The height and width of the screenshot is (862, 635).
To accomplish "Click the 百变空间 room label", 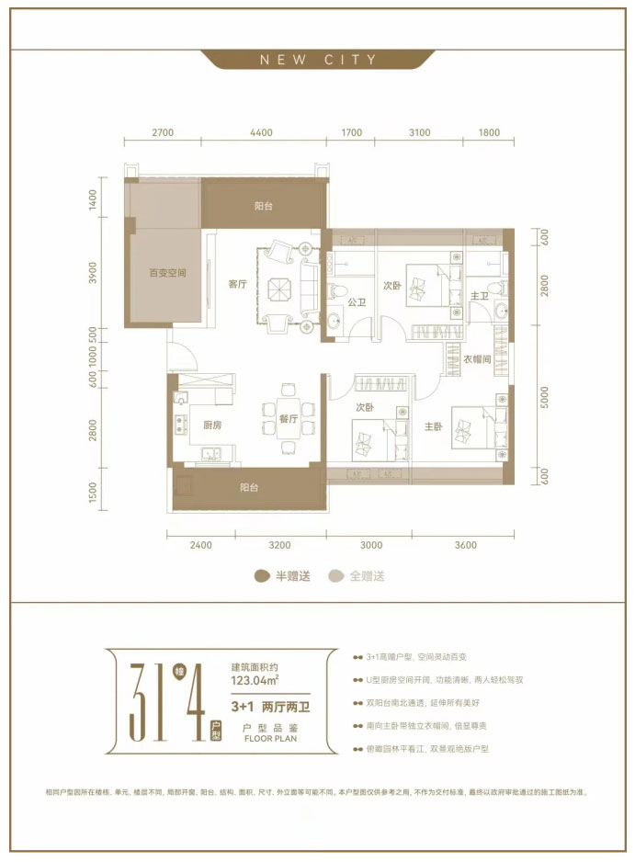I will coord(168,273).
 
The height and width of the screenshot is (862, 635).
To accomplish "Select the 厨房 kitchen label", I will coord(215,425).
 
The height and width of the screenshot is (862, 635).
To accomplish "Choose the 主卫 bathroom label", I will coord(480,296).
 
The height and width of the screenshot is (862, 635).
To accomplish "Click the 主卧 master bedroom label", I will coord(434,426).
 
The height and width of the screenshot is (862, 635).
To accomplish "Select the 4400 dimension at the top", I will coord(261,132).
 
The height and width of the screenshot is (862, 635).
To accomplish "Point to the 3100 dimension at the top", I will coord(419,132).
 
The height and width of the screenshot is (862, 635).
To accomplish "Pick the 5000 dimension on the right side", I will coord(545,397).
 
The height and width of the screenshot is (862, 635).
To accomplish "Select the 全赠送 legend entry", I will coord(357,576).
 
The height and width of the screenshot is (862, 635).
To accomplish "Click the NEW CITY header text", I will coord(318,60).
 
